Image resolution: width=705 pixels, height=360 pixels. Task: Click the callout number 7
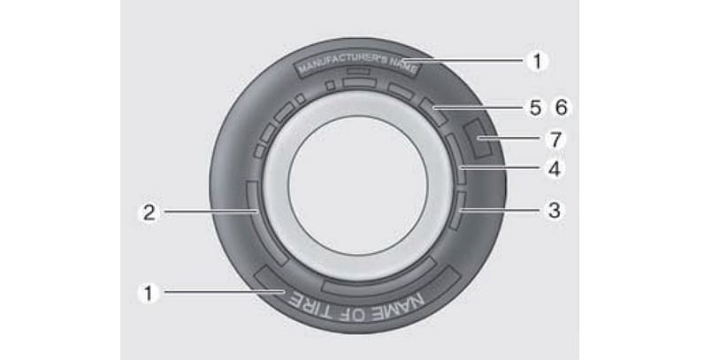pos(556,140)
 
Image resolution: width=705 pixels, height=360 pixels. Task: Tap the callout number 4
pos(555,170)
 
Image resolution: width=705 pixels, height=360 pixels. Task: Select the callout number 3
pos(555,210)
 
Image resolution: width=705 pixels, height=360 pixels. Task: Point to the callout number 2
pos(149,212)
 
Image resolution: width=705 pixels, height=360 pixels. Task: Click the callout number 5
pos(535,108)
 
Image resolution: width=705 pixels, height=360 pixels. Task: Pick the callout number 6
pos(562,108)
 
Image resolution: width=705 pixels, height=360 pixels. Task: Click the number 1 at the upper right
pos(537,61)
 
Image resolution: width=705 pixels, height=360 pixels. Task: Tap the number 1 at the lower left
pos(148,294)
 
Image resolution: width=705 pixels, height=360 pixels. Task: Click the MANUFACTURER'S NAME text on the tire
pos(357,65)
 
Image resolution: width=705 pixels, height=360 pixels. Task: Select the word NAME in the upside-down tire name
pos(399,306)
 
